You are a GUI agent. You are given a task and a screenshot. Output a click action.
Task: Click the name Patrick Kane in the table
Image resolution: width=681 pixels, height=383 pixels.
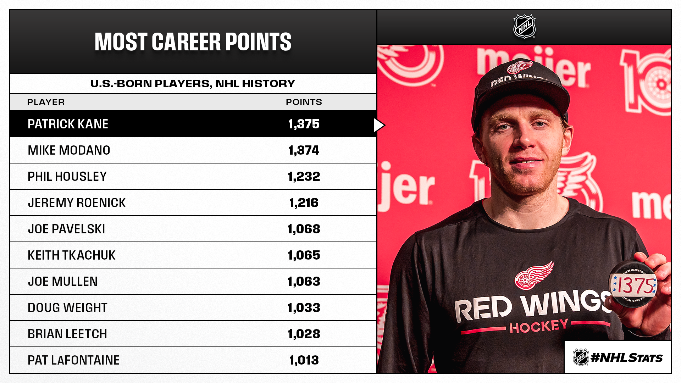point(68,124)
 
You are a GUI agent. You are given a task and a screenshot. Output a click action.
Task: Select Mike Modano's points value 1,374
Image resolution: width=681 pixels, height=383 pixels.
point(304,150)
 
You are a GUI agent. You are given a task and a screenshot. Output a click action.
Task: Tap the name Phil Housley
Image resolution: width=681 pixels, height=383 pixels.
point(67,177)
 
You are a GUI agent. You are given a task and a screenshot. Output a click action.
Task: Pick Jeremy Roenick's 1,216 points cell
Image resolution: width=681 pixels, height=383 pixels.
point(304,203)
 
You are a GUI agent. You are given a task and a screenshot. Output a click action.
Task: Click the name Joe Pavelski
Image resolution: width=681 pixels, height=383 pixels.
point(66,229)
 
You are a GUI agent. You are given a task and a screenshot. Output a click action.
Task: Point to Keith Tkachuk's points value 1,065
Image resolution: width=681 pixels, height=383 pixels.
point(304,255)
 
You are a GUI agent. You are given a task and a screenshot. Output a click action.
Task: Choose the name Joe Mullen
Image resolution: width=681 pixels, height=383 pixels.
point(62,282)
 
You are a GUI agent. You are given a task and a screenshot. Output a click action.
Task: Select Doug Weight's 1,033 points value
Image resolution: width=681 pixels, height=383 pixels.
point(304,308)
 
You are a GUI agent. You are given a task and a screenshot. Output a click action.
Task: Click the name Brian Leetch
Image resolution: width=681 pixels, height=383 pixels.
point(67,334)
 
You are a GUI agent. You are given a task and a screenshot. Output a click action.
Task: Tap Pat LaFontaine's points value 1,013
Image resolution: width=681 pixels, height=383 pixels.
point(304,360)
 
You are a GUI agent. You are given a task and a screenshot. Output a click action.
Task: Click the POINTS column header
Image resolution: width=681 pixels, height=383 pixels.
point(304,102)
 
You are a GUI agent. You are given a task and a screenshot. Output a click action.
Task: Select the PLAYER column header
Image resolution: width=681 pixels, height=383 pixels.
point(46,102)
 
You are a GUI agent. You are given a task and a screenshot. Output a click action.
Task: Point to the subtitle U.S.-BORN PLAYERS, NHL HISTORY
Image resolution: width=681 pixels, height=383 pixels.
point(193,84)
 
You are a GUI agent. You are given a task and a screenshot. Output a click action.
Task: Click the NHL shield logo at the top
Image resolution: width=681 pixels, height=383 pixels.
point(524,27)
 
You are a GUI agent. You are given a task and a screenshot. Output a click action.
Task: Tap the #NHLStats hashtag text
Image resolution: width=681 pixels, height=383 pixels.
point(626,358)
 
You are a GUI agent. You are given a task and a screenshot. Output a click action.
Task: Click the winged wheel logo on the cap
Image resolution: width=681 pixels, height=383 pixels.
point(520,67)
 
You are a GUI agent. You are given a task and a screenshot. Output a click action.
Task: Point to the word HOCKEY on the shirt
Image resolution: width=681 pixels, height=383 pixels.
point(538,326)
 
